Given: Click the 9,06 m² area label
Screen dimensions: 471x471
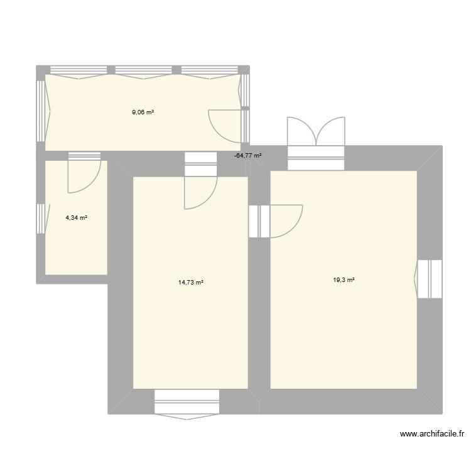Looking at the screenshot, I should (143, 112).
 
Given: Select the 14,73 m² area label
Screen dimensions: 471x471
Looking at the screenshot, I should (191, 283).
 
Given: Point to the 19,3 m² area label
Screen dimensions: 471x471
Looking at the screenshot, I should (344, 280).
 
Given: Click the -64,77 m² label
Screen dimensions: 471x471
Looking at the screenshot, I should (247, 155).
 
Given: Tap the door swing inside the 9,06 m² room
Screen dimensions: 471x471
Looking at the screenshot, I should (224, 124).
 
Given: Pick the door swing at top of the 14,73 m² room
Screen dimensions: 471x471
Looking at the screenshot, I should (200, 190).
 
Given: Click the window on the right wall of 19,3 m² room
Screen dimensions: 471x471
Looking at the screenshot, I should (430, 279).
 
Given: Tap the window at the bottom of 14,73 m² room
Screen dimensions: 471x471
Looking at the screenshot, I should (187, 402).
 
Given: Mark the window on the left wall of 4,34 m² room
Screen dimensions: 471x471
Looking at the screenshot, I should (41, 218).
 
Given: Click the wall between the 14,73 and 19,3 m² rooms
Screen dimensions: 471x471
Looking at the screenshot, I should (259, 314).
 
